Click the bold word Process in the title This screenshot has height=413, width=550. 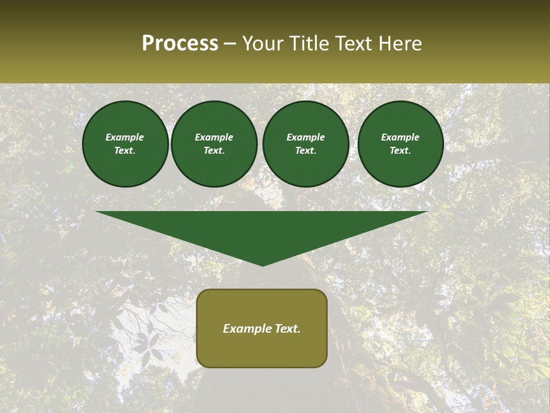[x=180, y=44]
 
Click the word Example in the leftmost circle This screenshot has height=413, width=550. [x=125, y=137]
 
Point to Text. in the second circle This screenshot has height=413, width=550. [x=214, y=150]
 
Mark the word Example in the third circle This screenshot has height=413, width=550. [x=306, y=137]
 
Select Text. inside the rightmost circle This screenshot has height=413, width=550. [x=400, y=150]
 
